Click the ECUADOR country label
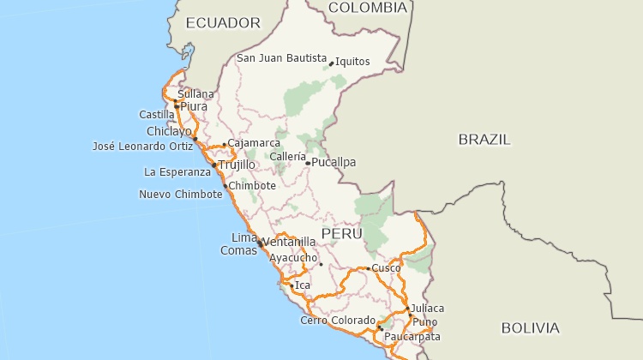[x=223, y=22]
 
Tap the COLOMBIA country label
[x=367, y=8]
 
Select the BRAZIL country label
[x=484, y=139]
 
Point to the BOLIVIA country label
[x=530, y=327]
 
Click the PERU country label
[x=342, y=233]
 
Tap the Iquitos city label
[x=352, y=61]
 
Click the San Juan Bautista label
[x=282, y=58]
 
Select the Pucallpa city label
[x=334, y=162]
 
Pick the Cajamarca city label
[x=254, y=143]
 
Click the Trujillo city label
[x=237, y=165]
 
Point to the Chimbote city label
[x=253, y=185]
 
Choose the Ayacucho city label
[x=293, y=257]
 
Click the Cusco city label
[x=387, y=268]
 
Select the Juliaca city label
[x=428, y=308]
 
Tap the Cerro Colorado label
[x=338, y=321]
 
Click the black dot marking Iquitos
[x=331, y=63]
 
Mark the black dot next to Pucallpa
[x=308, y=163]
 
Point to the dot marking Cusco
[x=369, y=269]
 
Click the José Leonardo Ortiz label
[x=142, y=146]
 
